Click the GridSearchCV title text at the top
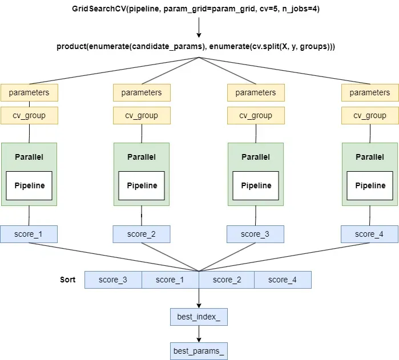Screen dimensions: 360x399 199,10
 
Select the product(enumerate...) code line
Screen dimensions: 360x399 196,46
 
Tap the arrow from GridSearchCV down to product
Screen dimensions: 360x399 199,27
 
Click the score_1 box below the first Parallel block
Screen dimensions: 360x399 29,234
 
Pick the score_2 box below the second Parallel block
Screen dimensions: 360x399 142,234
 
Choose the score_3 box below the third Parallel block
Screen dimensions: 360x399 256,234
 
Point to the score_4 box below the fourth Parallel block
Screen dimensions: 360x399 369,234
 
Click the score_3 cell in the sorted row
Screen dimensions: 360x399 113,280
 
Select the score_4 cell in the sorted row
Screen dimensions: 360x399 283,280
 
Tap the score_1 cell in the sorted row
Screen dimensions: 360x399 170,280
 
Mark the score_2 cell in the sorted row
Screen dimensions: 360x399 226,280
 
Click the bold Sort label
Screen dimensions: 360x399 68,280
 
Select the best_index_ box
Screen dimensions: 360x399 199,317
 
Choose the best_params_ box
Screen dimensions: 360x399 199,351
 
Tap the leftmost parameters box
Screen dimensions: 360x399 29,92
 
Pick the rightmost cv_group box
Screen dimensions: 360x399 370,115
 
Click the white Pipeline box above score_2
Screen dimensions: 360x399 142,185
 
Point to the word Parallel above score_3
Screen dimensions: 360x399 256,157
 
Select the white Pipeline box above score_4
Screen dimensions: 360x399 370,185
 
